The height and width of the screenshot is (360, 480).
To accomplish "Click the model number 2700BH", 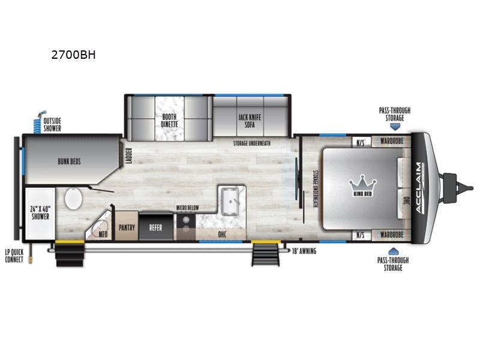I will (74, 55).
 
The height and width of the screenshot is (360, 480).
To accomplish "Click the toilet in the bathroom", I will (73, 200).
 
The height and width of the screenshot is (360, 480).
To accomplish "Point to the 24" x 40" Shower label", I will (40, 213).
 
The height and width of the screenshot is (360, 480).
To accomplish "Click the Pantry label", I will (127, 227).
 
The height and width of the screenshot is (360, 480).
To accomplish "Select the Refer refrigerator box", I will (155, 227).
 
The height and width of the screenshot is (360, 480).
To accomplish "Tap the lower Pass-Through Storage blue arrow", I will (394, 251).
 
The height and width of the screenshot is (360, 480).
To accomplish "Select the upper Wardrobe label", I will (391, 143).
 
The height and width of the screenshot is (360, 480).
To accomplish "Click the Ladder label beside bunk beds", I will (129, 157).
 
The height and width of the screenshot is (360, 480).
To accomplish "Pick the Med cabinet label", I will (103, 234).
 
